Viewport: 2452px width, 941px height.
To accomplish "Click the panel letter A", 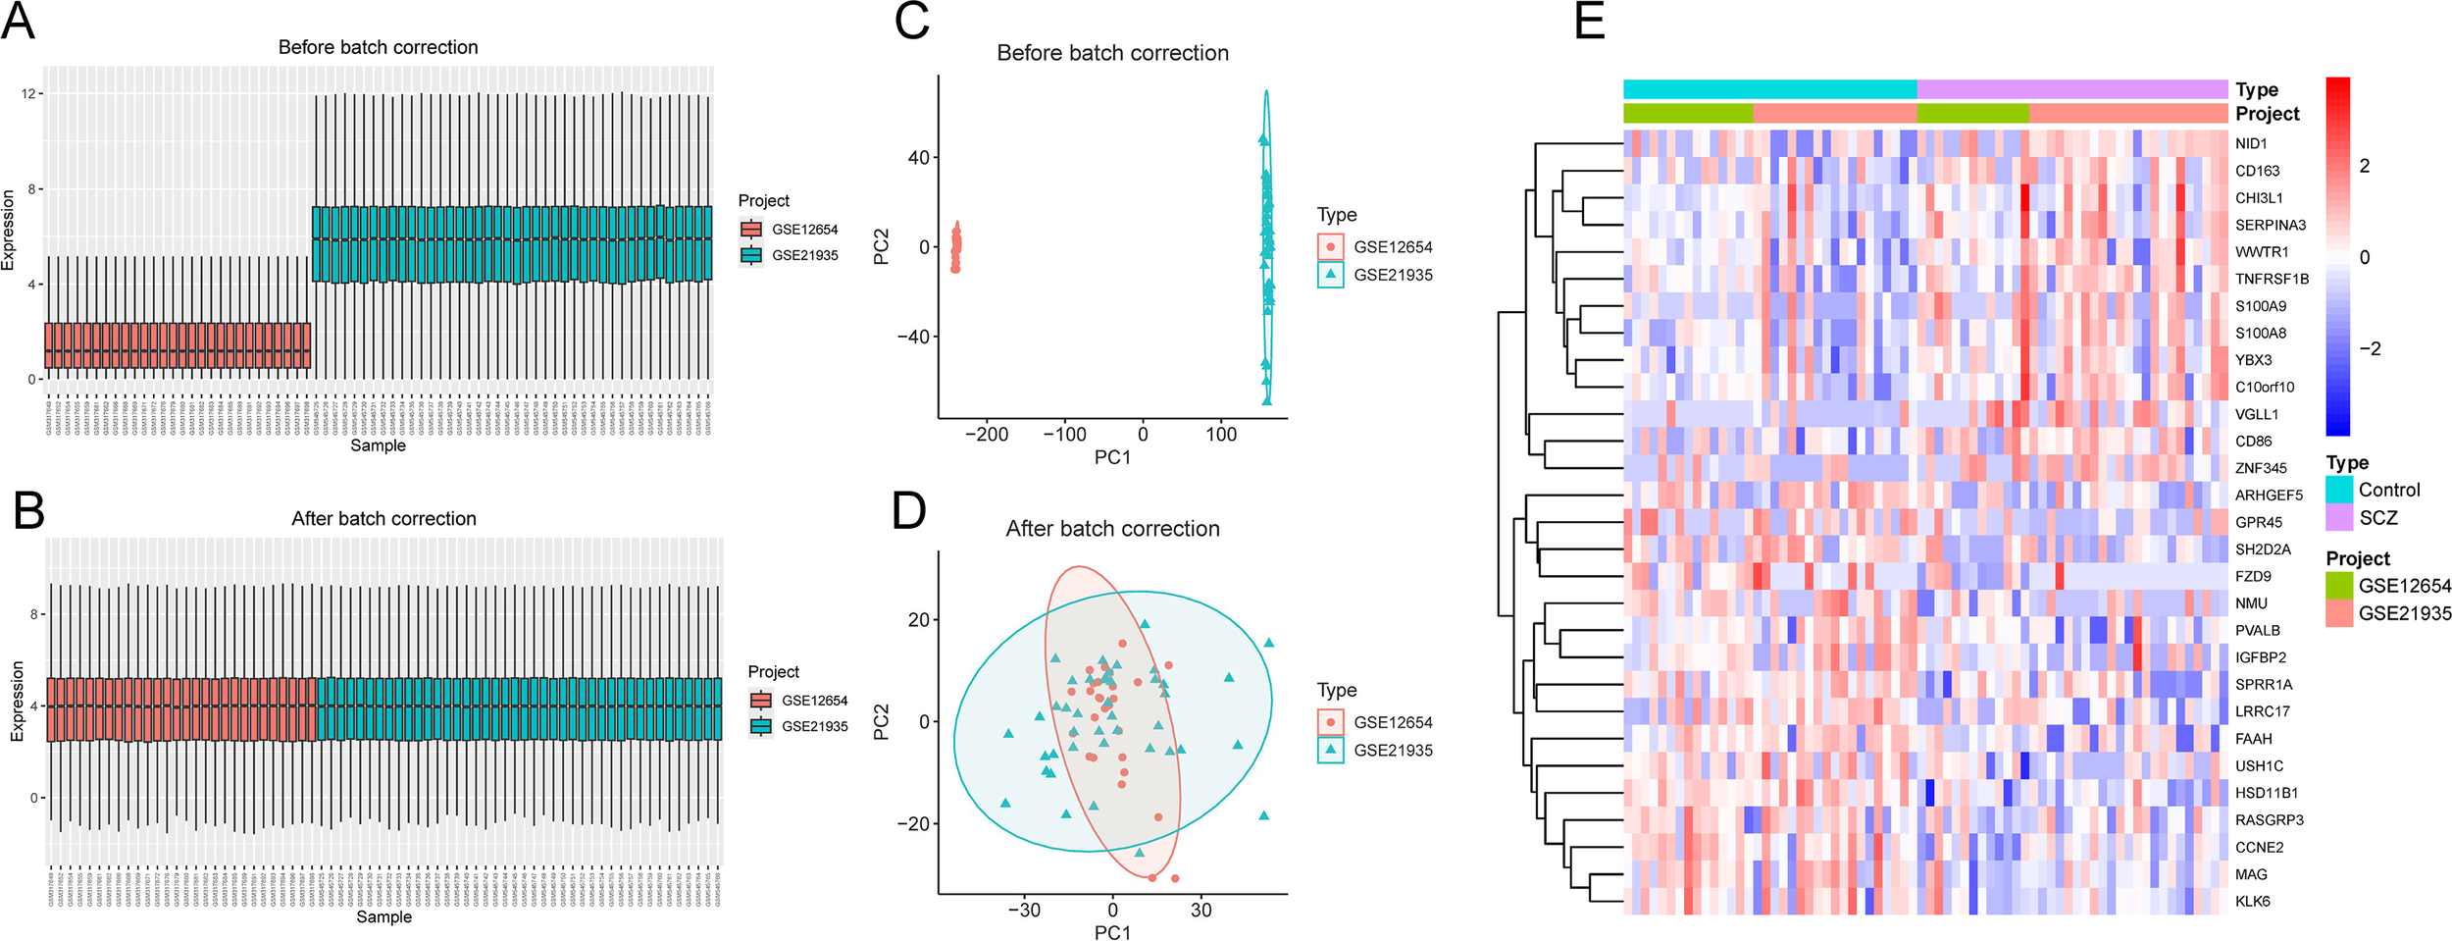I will pos(18,22).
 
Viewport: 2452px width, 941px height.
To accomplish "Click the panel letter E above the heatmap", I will pos(1589,22).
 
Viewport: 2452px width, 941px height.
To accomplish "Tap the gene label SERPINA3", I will pos(2271,225).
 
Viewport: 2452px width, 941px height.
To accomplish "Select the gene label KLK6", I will pos(2252,901).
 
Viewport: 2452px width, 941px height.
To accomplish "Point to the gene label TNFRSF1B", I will pos(2272,279).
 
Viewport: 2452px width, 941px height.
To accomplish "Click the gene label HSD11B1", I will pos(2267,793).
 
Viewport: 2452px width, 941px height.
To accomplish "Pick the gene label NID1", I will pos(2251,143).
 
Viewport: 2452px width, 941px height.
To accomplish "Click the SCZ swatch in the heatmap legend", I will pos(2339,517).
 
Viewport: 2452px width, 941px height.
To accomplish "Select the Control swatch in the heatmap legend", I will pos(2339,490).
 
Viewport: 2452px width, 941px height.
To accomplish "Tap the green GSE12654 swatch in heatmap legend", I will pos(2339,586).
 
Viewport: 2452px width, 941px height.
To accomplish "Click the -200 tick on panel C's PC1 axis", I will pos(986,435).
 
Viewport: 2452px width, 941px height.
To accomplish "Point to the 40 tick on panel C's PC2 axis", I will pos(918,157).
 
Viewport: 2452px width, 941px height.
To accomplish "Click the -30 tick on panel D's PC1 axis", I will pos(1024,910).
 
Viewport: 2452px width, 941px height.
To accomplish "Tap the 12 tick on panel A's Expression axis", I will pos(28,93).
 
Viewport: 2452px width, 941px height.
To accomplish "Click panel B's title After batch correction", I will pos(383,518).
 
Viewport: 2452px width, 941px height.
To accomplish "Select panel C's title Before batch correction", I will pos(1112,53).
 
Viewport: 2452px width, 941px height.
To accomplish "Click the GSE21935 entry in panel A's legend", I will pos(804,255).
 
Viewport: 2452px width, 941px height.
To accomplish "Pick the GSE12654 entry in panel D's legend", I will pos(1393,722).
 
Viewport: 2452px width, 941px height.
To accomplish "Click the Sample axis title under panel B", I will pos(383,916).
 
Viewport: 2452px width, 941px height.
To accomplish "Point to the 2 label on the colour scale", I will pos(2364,166).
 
